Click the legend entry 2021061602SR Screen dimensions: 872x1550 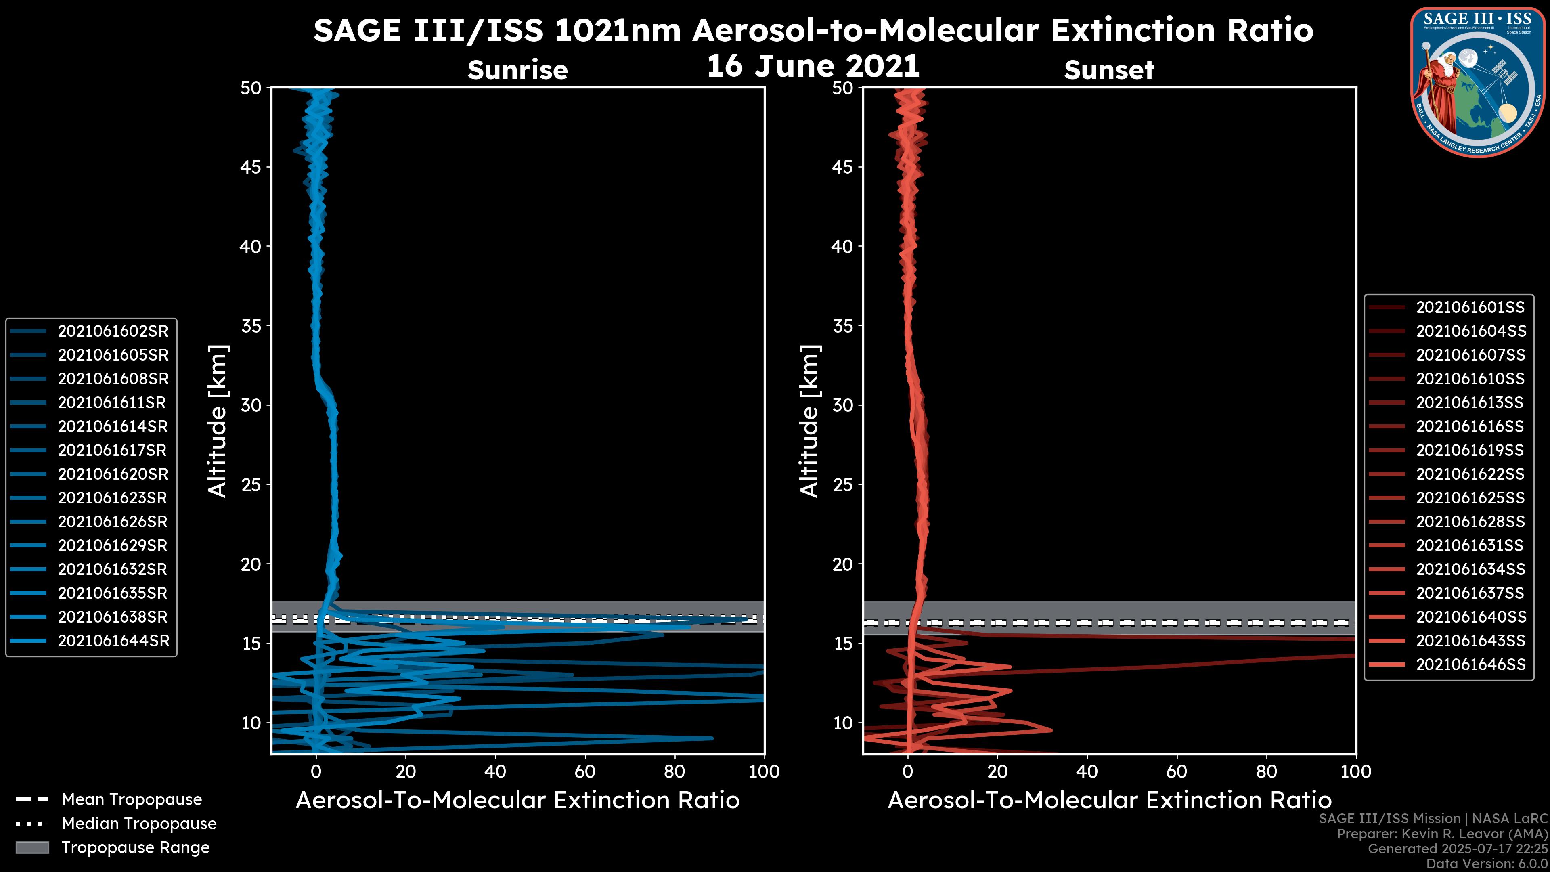[x=113, y=331]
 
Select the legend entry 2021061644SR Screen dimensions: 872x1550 [x=113, y=641]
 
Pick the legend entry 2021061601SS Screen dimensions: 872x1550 [x=1470, y=308]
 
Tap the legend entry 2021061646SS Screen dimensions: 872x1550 [x=1470, y=664]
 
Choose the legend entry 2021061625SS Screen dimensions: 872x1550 [x=1470, y=498]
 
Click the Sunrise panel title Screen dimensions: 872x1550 [x=517, y=70]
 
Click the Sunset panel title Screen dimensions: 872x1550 [x=1109, y=70]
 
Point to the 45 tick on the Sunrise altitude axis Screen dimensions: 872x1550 [x=251, y=167]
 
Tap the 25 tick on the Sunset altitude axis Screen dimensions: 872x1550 [x=843, y=485]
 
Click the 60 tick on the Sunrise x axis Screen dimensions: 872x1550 [x=585, y=771]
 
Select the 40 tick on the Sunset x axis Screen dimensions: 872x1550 [x=1087, y=771]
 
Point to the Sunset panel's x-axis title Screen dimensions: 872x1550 [x=1109, y=801]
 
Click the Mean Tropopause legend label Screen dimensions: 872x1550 [x=132, y=800]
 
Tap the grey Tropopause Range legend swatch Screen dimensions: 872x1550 [x=32, y=847]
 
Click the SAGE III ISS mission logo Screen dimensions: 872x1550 [x=1478, y=82]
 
